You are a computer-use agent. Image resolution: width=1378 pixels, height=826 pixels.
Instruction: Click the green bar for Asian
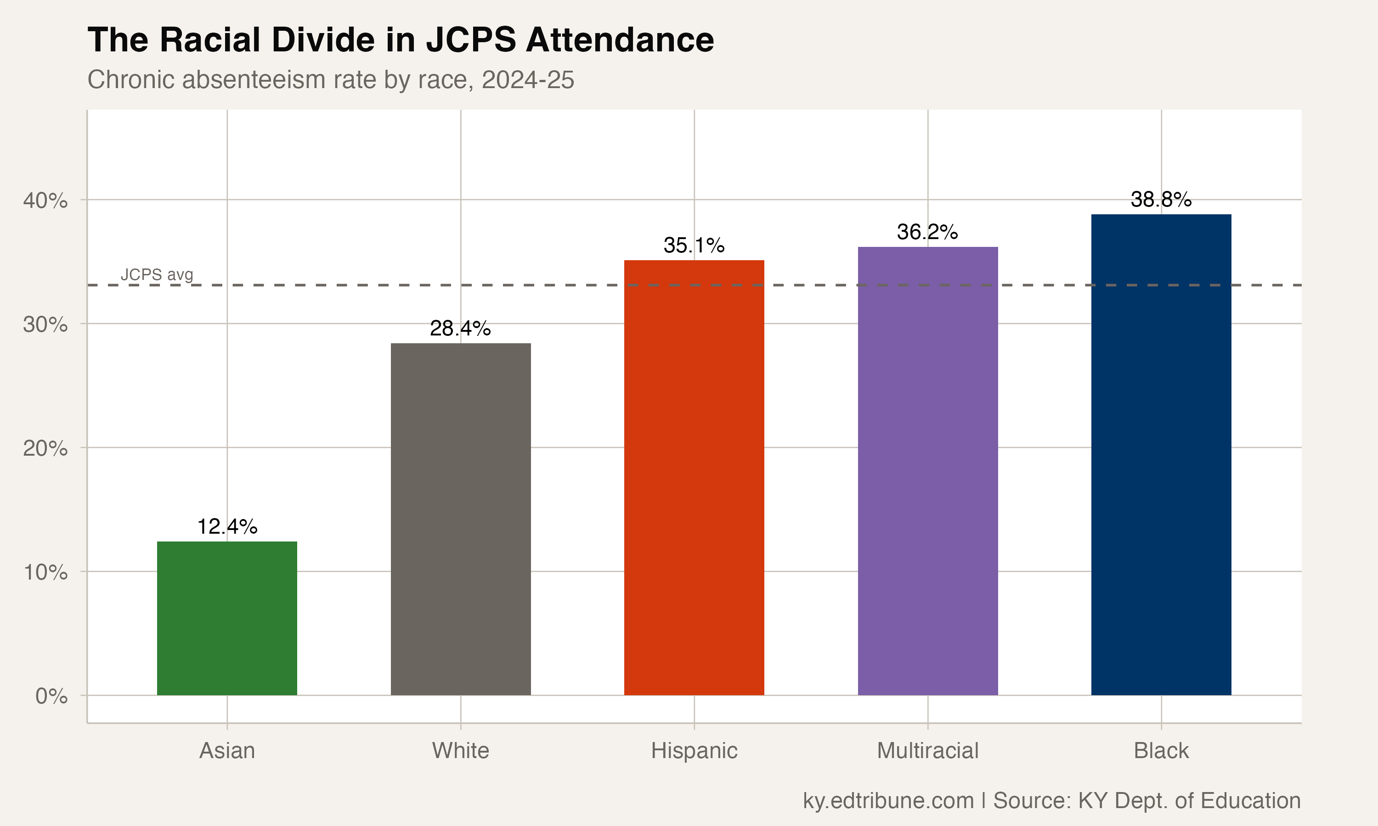[x=227, y=618]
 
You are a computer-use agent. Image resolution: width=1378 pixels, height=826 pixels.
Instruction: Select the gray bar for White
[x=461, y=519]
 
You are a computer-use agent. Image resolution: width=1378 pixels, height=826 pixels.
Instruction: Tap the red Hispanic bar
[x=694, y=477]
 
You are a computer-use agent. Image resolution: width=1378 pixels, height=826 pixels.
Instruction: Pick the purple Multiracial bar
[x=927, y=470]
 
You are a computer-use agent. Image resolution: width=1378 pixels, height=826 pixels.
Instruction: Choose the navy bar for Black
[x=1161, y=454]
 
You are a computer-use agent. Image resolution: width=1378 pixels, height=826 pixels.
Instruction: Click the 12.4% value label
[x=227, y=526]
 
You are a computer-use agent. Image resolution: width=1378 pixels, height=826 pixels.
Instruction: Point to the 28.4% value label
[x=460, y=329]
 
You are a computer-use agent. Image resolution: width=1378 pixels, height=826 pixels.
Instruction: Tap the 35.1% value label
[x=694, y=246]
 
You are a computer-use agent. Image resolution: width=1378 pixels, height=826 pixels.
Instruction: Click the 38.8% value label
[x=1161, y=199]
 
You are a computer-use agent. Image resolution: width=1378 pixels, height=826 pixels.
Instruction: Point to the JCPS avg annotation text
[x=157, y=274]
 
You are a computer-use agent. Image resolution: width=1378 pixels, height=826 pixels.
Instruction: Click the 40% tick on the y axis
[x=45, y=201]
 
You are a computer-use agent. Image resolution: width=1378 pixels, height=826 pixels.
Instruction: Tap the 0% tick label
[x=51, y=696]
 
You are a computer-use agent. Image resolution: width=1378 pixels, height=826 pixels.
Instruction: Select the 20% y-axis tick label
[x=45, y=448]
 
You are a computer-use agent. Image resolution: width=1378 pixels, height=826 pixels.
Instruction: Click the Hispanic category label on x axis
[x=694, y=751]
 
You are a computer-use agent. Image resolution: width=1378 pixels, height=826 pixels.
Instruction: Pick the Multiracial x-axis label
[x=927, y=751]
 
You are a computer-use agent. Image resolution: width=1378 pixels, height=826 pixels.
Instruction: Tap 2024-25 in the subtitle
[x=527, y=79]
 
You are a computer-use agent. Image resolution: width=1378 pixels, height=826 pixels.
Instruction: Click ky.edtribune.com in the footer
[x=888, y=800]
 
